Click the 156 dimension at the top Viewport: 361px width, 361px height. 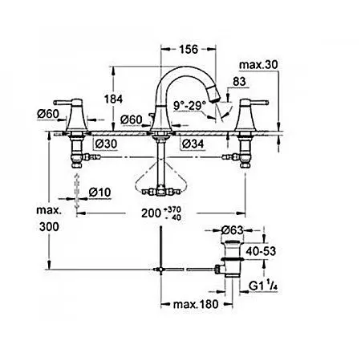[x=189, y=50]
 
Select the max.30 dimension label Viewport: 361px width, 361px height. [x=258, y=65]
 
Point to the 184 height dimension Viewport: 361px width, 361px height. [x=113, y=99]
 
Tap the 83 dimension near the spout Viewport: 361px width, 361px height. [x=239, y=82]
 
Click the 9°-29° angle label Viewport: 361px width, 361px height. [x=189, y=106]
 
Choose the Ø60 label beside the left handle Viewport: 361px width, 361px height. [x=48, y=114]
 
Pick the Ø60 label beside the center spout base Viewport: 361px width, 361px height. [x=132, y=120]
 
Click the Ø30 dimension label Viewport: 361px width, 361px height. [x=107, y=144]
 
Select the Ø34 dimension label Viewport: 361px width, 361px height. [x=193, y=144]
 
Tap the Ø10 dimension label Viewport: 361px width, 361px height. [x=99, y=193]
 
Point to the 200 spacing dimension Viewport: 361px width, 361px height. [x=161, y=213]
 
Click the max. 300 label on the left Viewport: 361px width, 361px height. [x=49, y=218]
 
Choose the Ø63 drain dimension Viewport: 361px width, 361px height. [x=233, y=230]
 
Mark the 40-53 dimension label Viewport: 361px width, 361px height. [x=261, y=251]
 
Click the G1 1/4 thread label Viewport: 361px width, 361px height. [x=263, y=286]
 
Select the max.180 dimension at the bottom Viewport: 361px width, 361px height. [x=196, y=304]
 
